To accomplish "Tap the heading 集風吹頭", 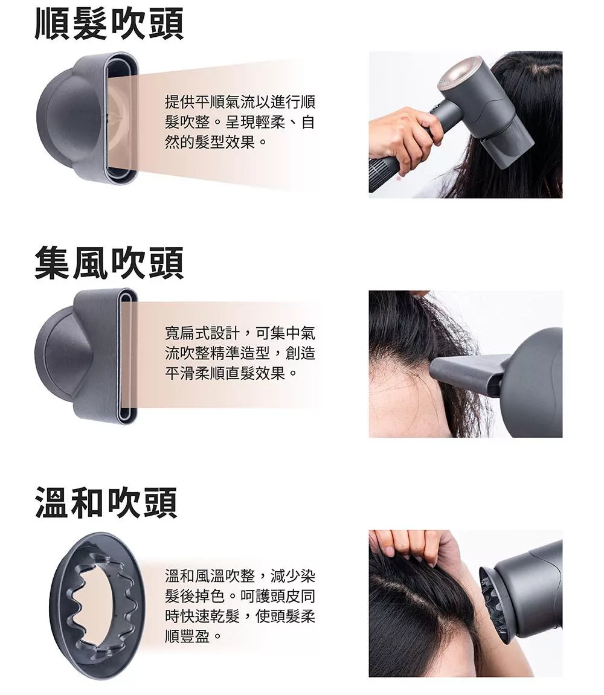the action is click(x=109, y=263).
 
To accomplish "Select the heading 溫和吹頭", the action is click(x=106, y=502).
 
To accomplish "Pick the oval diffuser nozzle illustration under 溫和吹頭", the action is click(x=97, y=606).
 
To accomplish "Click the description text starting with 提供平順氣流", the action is click(x=240, y=122).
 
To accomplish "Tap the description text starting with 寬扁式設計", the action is click(x=240, y=353).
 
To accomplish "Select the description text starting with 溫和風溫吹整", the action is click(x=240, y=606).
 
